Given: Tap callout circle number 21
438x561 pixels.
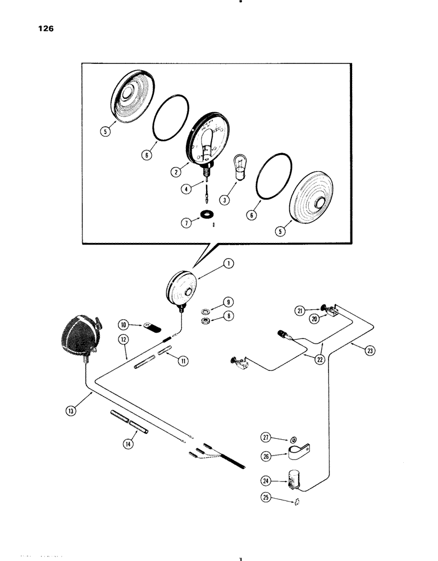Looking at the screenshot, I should (300, 310).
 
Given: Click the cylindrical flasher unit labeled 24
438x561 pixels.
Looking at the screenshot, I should (295, 480).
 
